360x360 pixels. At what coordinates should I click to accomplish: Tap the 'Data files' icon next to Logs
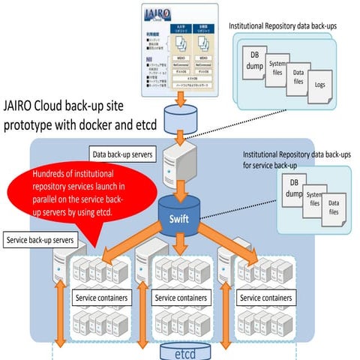pyautogui.click(x=299, y=78)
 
